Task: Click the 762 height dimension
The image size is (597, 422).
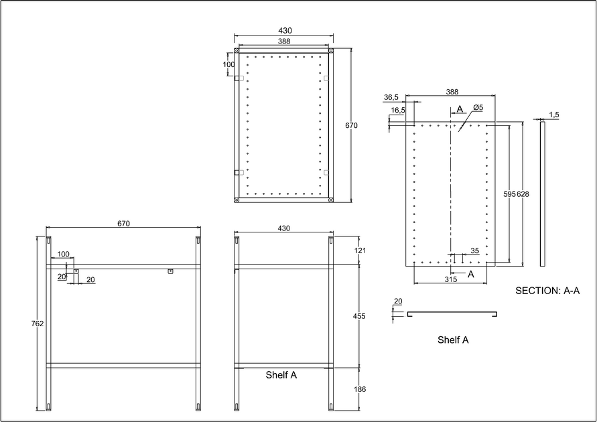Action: click(38, 324)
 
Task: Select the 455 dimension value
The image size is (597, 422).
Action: click(359, 315)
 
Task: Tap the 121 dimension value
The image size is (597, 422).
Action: click(359, 250)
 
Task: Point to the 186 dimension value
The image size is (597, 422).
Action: click(359, 389)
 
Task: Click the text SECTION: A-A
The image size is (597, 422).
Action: click(547, 291)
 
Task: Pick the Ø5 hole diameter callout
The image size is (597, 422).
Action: click(478, 108)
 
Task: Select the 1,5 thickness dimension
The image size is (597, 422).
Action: click(553, 115)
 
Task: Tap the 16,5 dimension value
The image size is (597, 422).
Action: click(398, 110)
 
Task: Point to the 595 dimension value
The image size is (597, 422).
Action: click(509, 194)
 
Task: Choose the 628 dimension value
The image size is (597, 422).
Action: click(523, 194)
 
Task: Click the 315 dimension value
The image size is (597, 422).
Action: click(450, 279)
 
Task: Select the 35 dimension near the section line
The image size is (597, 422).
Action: click(474, 251)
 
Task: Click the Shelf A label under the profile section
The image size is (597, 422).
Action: click(453, 340)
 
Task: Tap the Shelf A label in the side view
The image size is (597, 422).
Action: click(281, 375)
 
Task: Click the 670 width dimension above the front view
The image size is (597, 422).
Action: click(123, 224)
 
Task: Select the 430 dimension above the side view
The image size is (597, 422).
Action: click(283, 228)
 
